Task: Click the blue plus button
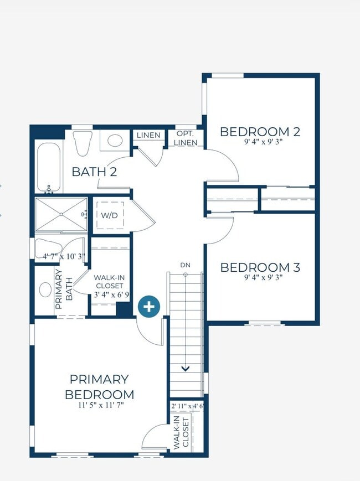tap(149, 306)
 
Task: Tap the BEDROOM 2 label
tap(260, 132)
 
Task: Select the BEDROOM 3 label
tap(260, 267)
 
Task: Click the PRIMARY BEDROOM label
tap(100, 387)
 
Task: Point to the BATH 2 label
tap(94, 172)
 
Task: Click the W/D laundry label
tap(109, 215)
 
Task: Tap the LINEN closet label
tap(148, 135)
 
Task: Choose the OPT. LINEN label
tap(186, 138)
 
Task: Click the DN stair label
tap(185, 265)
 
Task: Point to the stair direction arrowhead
tap(186, 368)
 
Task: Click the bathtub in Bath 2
tap(49, 168)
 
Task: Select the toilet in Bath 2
tap(83, 143)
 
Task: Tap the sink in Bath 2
tap(115, 141)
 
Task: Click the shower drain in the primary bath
tap(61, 214)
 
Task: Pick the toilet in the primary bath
tap(48, 247)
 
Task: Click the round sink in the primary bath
tap(45, 289)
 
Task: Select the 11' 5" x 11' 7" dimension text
tap(101, 405)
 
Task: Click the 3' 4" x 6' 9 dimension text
tap(111, 295)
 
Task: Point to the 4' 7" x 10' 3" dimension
tap(64, 256)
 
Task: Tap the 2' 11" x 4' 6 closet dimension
tap(187, 406)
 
